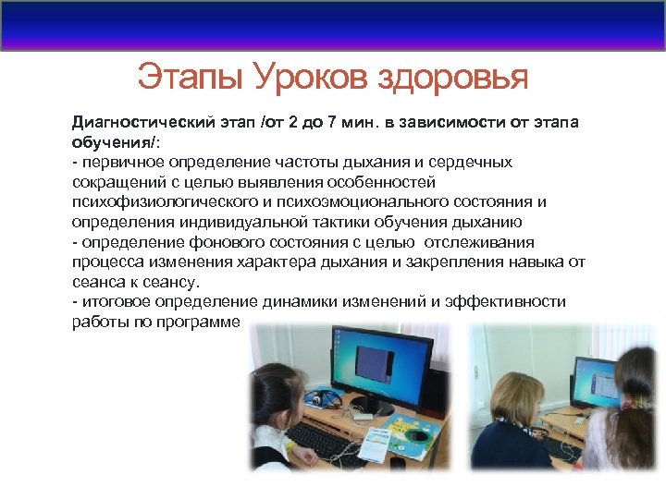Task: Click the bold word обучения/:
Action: pos(114,142)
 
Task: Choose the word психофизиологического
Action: pos(156,202)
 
